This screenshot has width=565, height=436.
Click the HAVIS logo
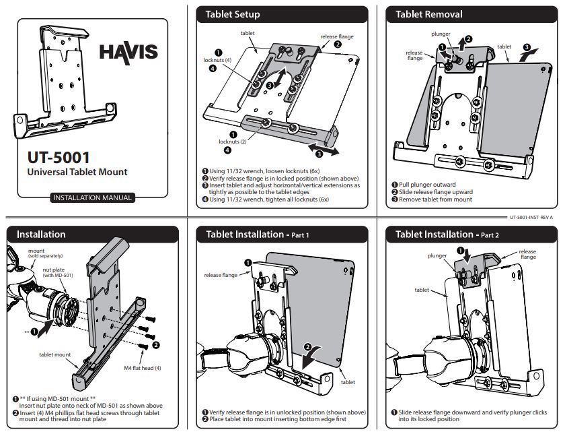pos(128,52)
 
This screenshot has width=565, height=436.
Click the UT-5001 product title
pos(59,158)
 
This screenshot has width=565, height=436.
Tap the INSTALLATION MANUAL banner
pos(92,198)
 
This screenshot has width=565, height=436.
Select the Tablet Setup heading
pos(233,14)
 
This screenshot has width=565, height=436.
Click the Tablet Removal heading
pos(429,14)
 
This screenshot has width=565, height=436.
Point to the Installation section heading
pos(41,235)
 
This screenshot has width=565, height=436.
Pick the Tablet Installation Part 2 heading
pos(447,235)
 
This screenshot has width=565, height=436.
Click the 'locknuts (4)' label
pos(217,60)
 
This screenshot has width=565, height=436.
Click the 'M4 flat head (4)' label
pos(142,368)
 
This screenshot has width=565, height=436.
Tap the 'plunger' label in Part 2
pos(437,256)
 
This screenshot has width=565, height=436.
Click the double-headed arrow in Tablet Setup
pos(324,149)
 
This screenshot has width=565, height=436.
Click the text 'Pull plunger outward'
pos(426,185)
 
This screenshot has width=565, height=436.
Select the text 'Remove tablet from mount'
pos(435,199)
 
